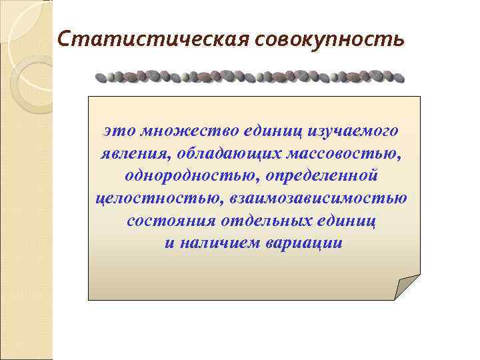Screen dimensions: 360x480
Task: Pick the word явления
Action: tap(130, 153)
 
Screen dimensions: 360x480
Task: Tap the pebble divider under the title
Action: tap(249, 76)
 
